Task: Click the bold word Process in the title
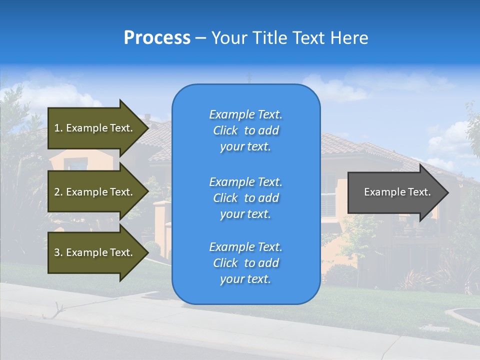point(157,38)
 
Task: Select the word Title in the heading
point(269,38)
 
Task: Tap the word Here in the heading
point(349,38)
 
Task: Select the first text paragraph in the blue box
point(245,130)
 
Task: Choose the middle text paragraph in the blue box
point(245,198)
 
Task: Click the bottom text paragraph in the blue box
point(245,263)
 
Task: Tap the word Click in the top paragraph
point(225,130)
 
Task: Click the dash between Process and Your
point(201,38)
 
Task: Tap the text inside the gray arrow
point(397,192)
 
